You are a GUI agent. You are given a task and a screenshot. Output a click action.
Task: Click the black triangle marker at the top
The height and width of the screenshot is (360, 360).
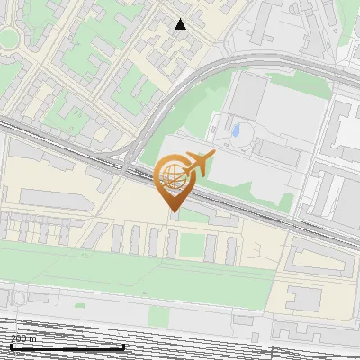(180, 24)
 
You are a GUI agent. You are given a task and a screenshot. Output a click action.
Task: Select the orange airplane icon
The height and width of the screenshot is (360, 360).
(198, 164)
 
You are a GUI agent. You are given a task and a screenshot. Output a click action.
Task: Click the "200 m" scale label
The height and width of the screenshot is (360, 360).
(24, 338)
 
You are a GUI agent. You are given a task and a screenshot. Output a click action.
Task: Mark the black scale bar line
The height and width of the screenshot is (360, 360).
(67, 346)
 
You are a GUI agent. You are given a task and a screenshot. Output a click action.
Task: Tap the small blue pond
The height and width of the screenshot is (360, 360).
(236, 131)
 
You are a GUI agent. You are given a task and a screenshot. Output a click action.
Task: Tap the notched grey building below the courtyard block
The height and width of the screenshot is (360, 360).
(305, 298)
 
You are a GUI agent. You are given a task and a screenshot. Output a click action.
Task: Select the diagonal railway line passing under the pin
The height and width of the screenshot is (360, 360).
(243, 207)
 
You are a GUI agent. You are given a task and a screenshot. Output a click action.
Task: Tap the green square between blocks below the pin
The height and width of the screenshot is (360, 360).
(190, 246)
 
